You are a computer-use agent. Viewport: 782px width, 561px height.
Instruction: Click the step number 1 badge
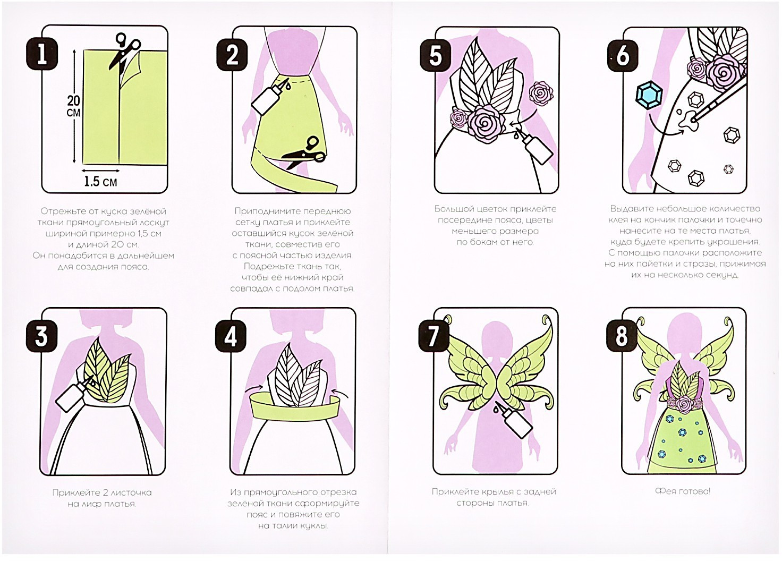[x=42, y=54]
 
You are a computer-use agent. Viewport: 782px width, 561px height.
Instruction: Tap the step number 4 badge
[x=231, y=336]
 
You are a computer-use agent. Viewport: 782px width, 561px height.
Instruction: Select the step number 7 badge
[x=433, y=336]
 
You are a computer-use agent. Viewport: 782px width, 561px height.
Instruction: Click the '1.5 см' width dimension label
[x=100, y=182]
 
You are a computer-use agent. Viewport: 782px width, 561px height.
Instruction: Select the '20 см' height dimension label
[x=73, y=106]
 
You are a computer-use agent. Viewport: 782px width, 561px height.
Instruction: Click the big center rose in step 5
[x=486, y=123]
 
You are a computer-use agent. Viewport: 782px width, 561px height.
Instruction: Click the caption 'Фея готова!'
[x=683, y=491]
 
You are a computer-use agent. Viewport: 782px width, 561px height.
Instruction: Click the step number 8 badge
[x=622, y=336]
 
